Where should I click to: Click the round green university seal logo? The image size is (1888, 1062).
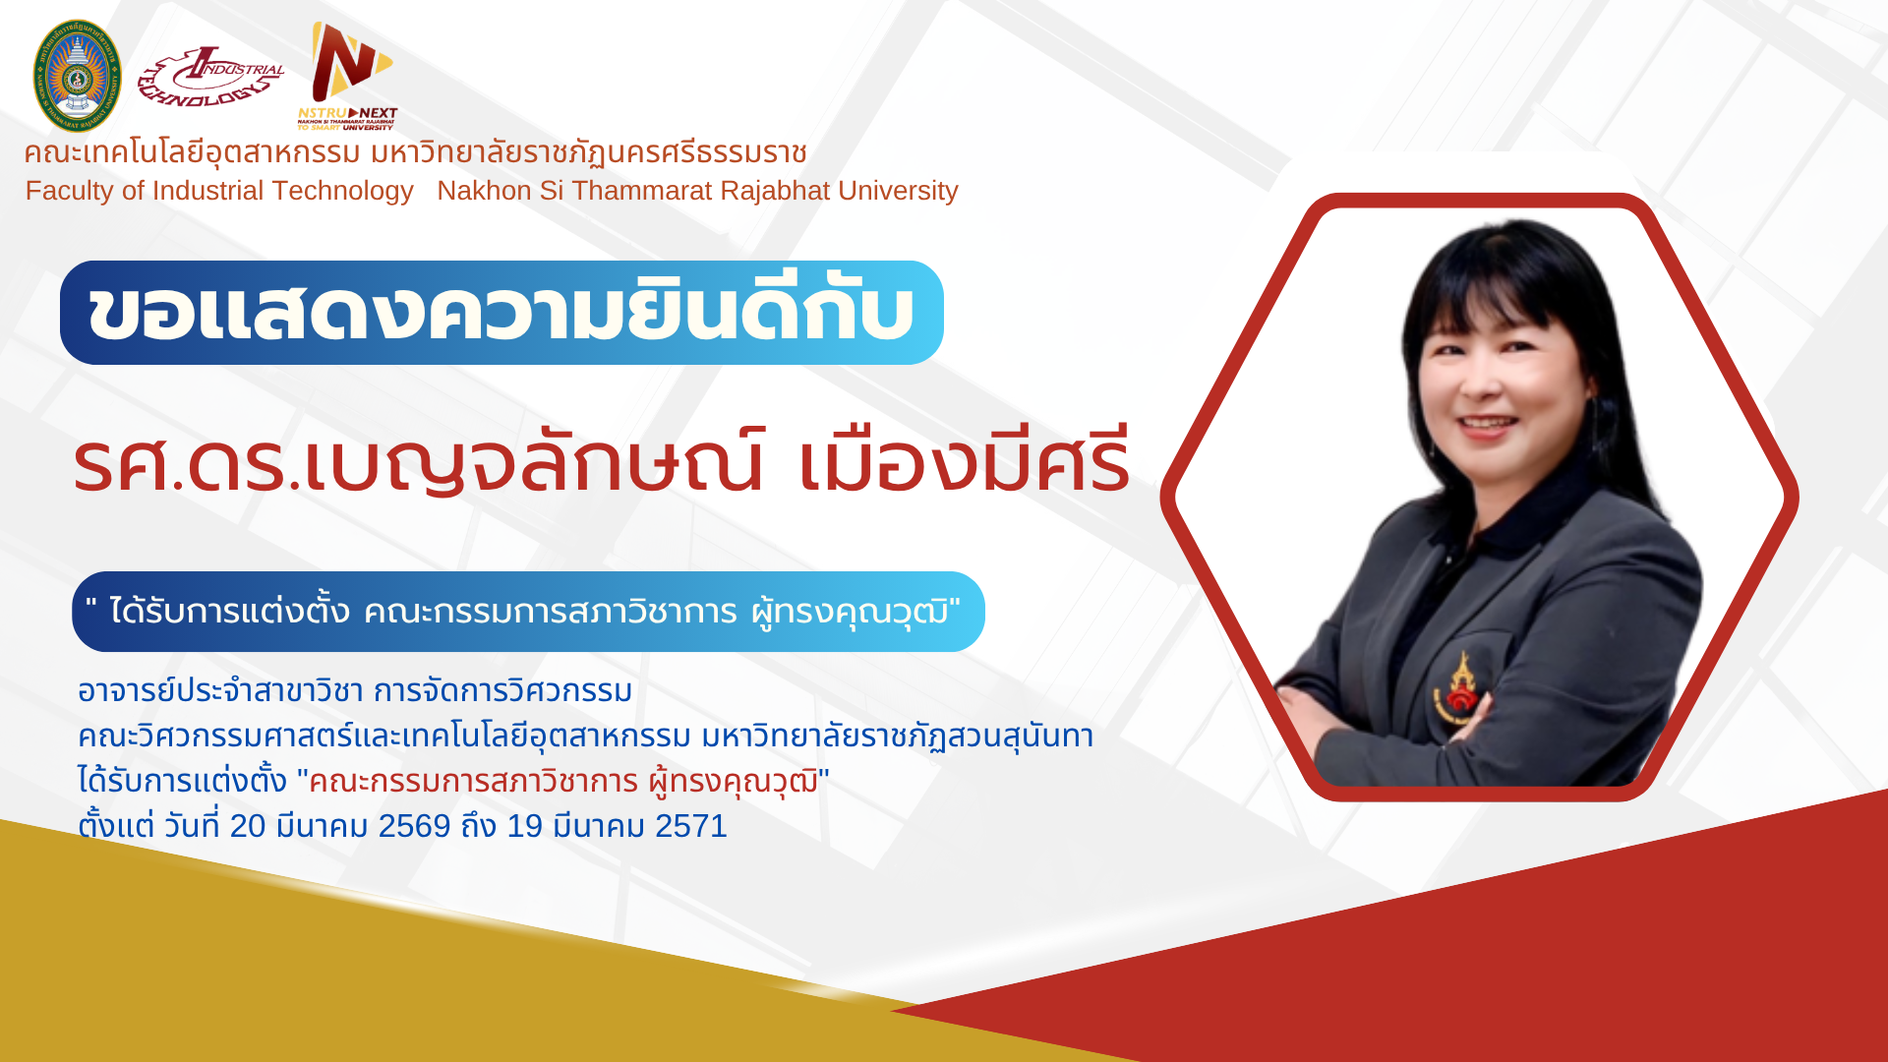(77, 76)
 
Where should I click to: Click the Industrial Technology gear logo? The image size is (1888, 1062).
(210, 76)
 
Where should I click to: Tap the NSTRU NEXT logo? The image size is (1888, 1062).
(347, 77)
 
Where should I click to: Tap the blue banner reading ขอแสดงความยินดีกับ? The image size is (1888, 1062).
(501, 313)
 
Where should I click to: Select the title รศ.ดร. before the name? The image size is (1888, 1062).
(187, 464)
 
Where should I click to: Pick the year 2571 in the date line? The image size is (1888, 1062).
(691, 826)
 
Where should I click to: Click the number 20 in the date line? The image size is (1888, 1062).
(248, 826)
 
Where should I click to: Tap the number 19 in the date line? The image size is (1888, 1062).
(524, 826)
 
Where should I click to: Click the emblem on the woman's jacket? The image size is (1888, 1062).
(1459, 686)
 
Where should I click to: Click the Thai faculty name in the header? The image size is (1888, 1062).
(415, 153)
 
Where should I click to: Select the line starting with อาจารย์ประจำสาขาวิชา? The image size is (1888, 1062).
(355, 690)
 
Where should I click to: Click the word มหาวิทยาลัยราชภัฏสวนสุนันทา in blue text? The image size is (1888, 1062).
(898, 736)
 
